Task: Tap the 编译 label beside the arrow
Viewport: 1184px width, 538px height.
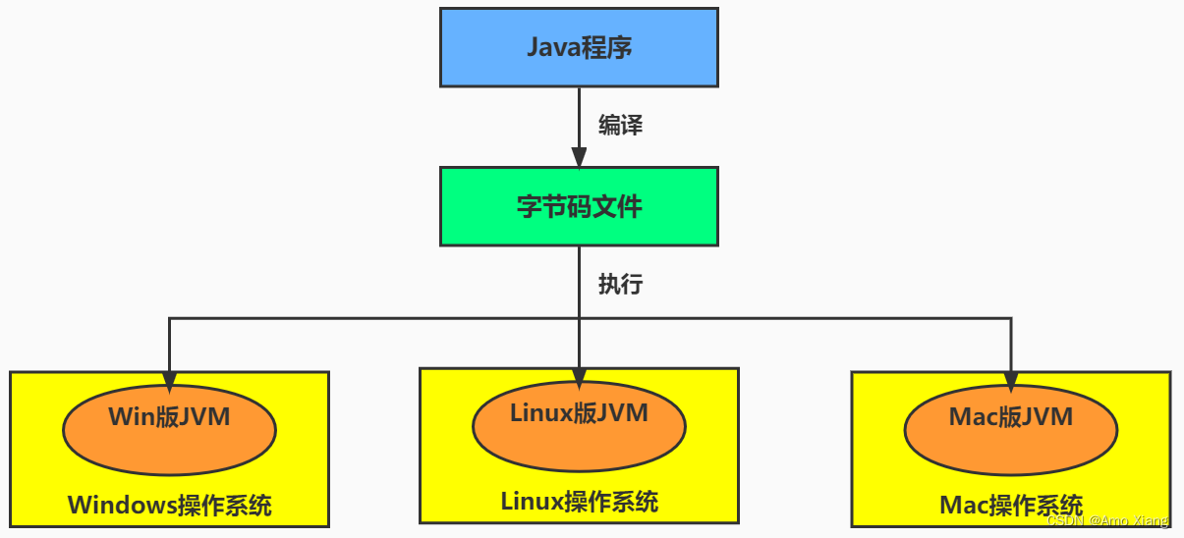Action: (x=621, y=126)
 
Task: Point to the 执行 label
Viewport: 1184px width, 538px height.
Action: (x=621, y=284)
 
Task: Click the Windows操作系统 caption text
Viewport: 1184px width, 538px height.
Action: (x=169, y=506)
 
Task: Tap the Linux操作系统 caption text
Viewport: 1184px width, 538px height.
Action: (x=579, y=502)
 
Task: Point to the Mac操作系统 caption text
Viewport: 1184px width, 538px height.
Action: (x=1010, y=506)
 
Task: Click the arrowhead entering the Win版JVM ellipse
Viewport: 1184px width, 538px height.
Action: (x=169, y=382)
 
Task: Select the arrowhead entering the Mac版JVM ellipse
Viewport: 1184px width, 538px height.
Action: (x=1010, y=382)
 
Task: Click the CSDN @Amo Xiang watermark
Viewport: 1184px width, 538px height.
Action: (x=1108, y=520)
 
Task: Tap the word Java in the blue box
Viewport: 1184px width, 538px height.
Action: (x=552, y=47)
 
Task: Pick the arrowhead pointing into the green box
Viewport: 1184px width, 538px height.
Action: (x=579, y=157)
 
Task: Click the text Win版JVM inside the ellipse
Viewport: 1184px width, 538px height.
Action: (x=169, y=417)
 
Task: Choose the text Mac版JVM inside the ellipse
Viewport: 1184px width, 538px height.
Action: (x=1010, y=417)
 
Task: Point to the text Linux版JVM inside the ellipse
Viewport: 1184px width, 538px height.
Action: (x=579, y=413)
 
